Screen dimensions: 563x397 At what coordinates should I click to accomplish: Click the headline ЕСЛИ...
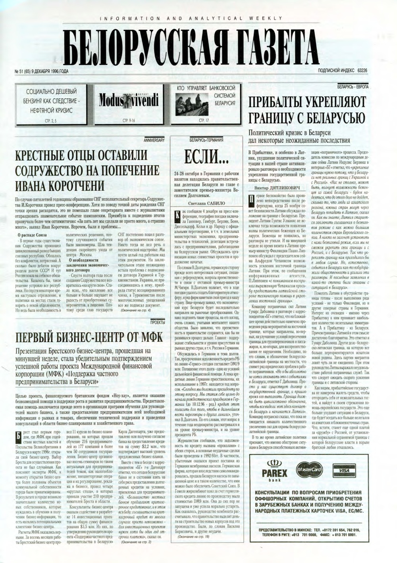tap(204, 157)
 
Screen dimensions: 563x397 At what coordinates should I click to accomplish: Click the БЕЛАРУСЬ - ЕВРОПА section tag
tap(353, 86)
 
